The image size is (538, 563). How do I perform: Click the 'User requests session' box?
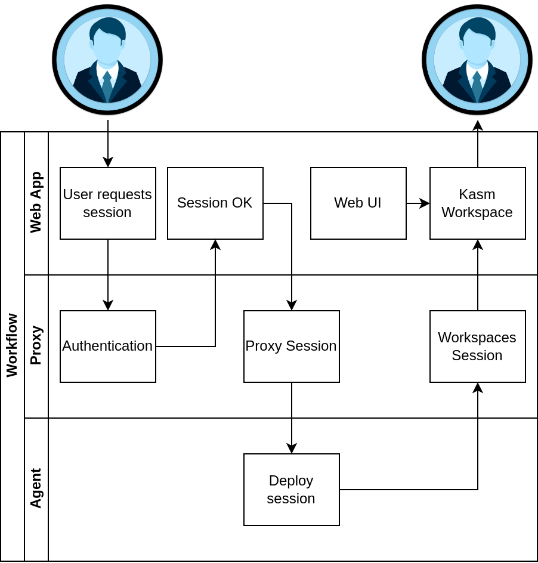coord(107,203)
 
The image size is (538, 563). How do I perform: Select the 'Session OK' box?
coord(215,203)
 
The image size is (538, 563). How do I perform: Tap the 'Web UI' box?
coord(358,203)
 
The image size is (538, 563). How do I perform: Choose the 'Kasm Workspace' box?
coord(477,203)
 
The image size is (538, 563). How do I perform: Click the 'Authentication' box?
coord(107,347)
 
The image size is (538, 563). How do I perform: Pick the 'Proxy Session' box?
coord(291,347)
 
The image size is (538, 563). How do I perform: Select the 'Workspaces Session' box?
coord(477,347)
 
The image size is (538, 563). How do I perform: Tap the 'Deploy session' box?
coord(291,490)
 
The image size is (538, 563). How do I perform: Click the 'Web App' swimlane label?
coord(36,202)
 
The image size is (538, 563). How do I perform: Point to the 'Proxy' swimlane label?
coord(36,345)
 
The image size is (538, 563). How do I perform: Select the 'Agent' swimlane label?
coord(36,488)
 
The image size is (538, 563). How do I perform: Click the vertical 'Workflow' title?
coord(13,345)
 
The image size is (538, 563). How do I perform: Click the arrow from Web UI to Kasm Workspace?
coord(418,203)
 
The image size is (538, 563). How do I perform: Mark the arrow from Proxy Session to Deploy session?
coord(292,417)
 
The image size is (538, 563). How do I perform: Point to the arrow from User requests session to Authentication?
coord(108,274)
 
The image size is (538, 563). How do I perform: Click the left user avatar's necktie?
coord(107,86)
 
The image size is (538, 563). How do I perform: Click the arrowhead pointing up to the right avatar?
coord(478,125)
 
